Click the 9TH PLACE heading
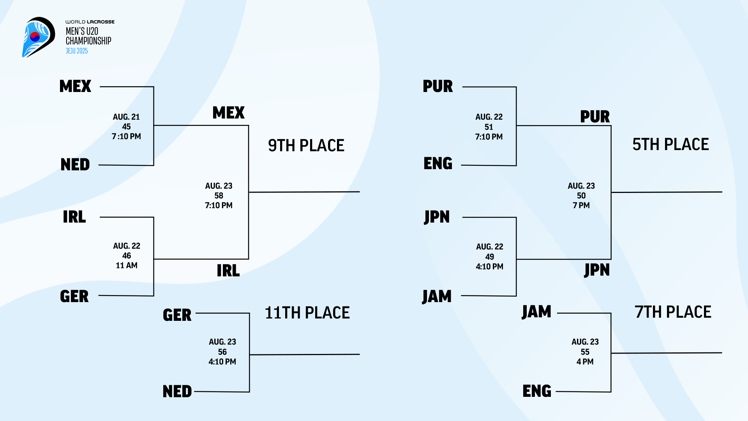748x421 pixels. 306,145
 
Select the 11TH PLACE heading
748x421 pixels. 307,313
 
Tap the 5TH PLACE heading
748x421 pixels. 670,144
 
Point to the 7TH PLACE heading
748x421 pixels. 673,312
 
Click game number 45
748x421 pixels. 126,127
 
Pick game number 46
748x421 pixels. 127,256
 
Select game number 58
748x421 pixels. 219,196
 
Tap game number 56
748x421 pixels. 222,352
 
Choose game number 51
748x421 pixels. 489,127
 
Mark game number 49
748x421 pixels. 489,257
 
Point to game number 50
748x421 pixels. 581,196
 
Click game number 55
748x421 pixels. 585,352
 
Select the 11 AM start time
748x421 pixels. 127,265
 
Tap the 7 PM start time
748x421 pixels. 581,205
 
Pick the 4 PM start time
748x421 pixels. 585,362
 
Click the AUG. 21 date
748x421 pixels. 126,117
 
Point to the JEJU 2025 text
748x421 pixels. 77,51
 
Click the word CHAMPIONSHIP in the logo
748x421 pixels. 88,41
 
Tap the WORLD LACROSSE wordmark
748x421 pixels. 90,22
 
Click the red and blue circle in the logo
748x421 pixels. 35,37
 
